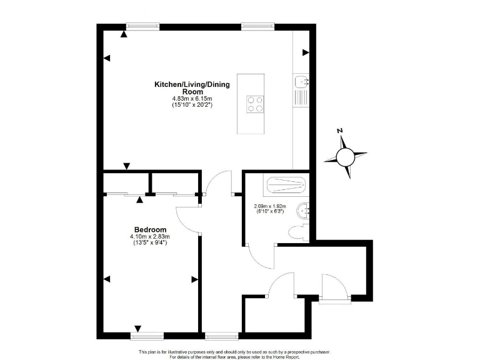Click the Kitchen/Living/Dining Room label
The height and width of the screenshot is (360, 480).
click(192, 87)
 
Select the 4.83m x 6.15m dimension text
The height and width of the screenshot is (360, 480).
click(192, 99)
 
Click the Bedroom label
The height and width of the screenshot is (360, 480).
click(150, 229)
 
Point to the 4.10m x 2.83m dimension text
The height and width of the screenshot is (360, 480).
click(150, 236)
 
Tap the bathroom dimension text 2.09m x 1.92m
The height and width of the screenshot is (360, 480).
click(269, 206)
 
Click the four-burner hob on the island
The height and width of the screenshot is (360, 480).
click(255, 103)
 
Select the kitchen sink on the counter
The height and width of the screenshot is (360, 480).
click(301, 81)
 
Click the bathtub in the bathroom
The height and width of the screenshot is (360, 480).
click(286, 186)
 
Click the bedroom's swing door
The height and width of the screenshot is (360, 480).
click(187, 216)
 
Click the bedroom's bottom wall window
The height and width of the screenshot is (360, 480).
click(147, 335)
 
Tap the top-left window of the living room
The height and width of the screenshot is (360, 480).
click(142, 26)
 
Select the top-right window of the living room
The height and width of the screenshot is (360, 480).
click(257, 26)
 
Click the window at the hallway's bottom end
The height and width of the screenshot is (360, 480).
click(221, 335)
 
